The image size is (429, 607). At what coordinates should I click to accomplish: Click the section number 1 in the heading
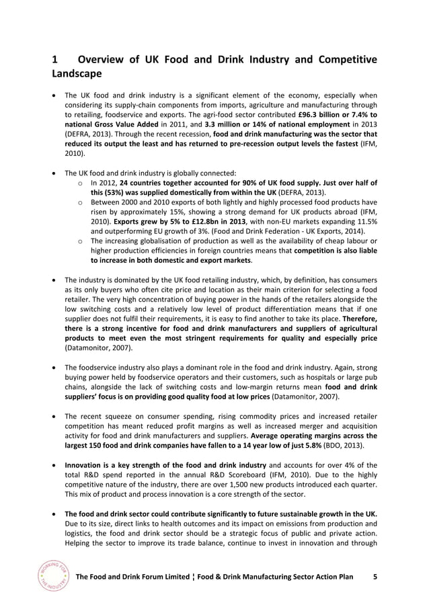click(56, 60)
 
